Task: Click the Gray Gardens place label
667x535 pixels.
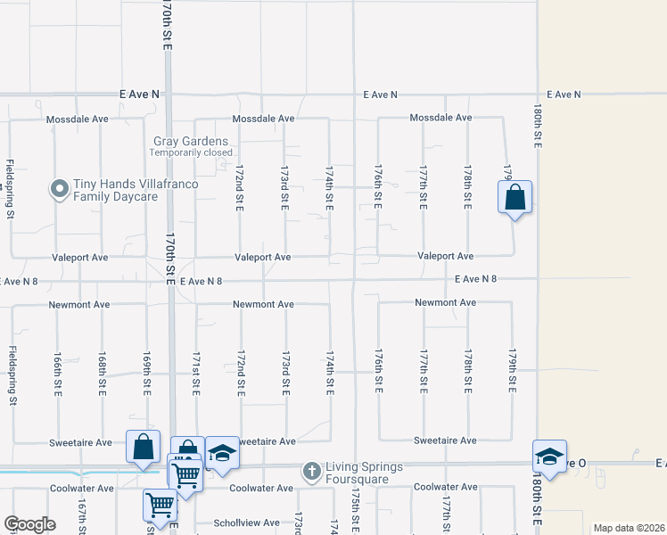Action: [191, 141]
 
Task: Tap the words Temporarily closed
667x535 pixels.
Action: [191, 152]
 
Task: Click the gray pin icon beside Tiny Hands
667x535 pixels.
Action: [60, 189]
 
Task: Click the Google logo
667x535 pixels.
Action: [29, 524]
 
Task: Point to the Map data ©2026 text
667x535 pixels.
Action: [628, 528]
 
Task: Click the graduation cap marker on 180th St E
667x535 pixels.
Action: [550, 457]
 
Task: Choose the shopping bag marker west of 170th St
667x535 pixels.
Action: [144, 449]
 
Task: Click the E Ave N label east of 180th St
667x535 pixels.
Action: [564, 95]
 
